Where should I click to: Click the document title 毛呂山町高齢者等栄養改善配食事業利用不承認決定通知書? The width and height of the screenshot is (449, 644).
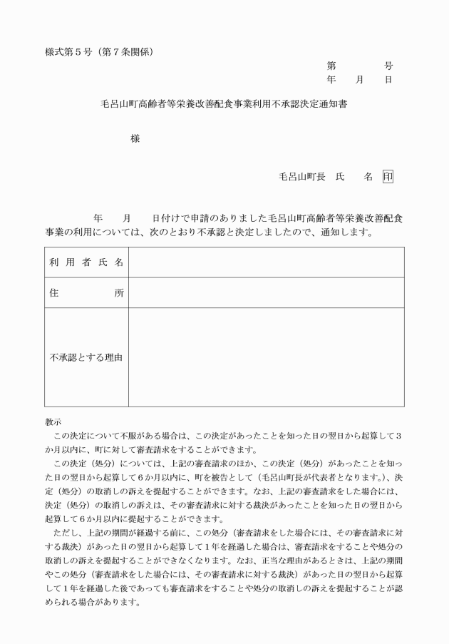point(224,103)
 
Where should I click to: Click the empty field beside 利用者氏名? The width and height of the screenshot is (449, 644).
point(266,262)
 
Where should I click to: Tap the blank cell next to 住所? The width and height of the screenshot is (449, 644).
point(266,293)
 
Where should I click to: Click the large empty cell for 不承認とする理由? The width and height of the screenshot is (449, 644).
point(266,357)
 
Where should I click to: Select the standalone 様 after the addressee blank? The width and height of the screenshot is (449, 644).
point(135,139)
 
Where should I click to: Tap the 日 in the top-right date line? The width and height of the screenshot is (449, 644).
point(388,80)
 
